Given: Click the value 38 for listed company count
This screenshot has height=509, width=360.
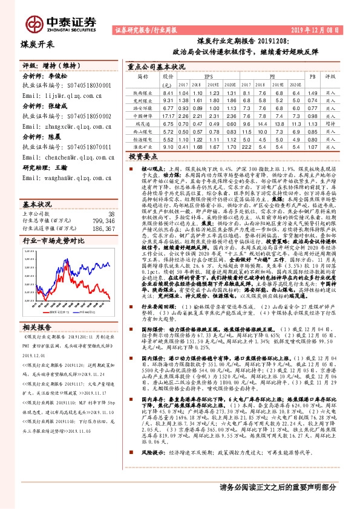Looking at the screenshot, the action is [110, 196].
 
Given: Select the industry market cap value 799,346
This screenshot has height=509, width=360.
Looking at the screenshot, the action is [102, 204].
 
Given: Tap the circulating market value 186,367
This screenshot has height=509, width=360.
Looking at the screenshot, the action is [102, 213].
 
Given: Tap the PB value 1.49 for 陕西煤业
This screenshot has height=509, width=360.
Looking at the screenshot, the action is [312, 92].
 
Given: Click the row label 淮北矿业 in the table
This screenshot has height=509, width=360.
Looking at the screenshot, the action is [143, 146].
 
